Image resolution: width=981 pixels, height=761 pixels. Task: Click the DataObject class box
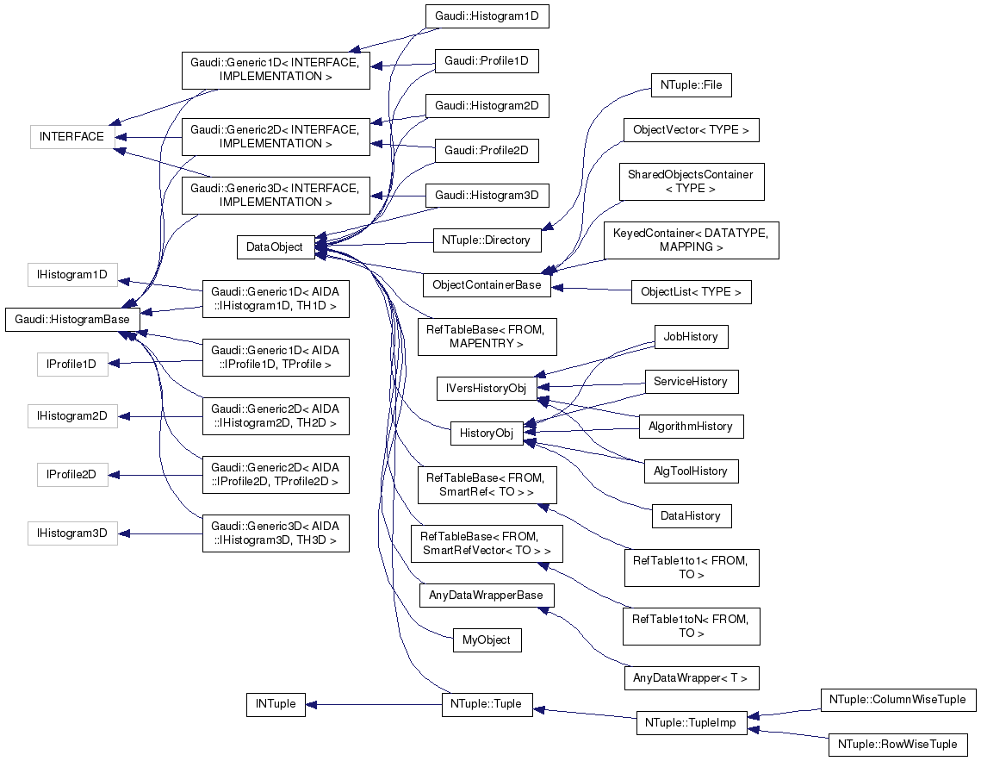pos(274,247)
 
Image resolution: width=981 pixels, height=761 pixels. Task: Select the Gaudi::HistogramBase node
pos(71,320)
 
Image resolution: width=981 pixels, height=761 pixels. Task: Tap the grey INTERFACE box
pos(71,137)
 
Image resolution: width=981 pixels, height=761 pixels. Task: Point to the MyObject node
pos(487,640)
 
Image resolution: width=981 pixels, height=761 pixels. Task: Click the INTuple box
pos(275,704)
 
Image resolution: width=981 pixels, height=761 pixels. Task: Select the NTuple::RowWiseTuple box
pos(896,744)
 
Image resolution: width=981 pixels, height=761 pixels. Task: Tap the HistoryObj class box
pos(487,434)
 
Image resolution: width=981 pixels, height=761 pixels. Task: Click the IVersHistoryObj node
pos(486,389)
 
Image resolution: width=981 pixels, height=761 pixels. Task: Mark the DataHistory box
pos(691,515)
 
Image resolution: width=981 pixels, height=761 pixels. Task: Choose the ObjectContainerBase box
pos(487,285)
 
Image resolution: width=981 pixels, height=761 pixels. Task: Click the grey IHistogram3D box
pos(71,533)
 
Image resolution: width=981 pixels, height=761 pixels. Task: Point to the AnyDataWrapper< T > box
pos(691,678)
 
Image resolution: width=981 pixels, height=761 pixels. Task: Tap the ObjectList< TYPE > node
pos(691,292)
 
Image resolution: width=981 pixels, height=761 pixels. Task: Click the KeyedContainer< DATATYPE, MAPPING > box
pos(691,240)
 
